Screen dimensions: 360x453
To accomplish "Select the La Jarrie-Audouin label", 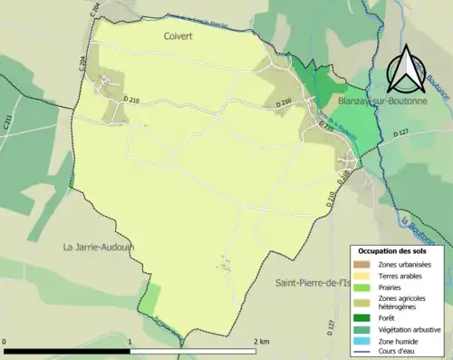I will click(98, 246).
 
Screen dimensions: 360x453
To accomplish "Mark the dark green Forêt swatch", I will click(362, 317).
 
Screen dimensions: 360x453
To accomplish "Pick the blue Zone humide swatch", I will click(362, 340).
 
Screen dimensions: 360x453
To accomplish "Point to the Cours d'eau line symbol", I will click(362, 351).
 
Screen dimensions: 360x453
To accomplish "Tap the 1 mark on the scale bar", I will click(130, 341).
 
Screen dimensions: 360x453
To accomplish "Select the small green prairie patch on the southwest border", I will click(151, 300).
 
